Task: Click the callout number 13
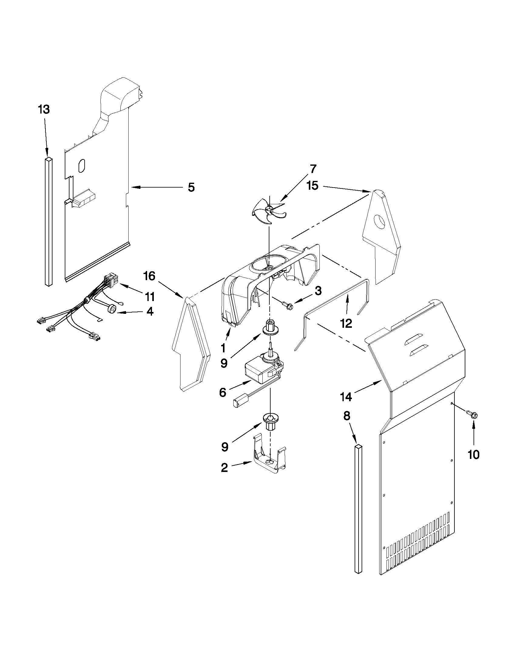click(x=44, y=109)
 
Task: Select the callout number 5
click(x=191, y=187)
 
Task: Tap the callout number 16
click(x=150, y=276)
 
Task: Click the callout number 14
click(x=346, y=397)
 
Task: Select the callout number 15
click(x=313, y=185)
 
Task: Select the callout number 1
click(x=224, y=348)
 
